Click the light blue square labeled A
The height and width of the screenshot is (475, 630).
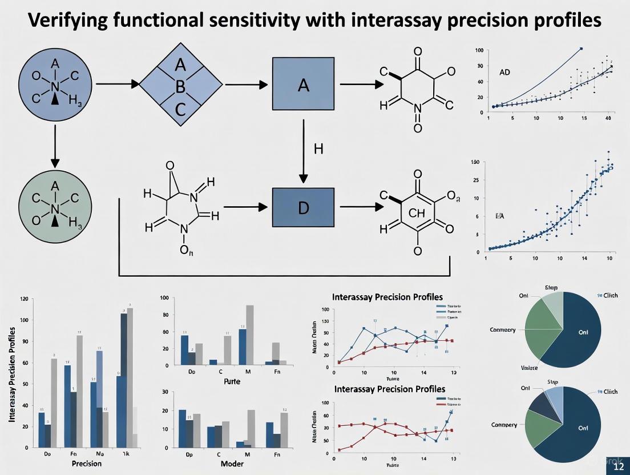coord(303,86)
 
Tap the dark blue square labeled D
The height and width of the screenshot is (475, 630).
coord(303,207)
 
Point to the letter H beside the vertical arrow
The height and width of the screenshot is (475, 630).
coord(318,149)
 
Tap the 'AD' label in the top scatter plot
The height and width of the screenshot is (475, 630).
coord(504,73)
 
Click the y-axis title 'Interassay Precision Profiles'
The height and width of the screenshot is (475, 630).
coord(12,375)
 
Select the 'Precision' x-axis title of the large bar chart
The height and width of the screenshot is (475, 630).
coord(87,464)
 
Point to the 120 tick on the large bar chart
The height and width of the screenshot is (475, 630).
coord(23,299)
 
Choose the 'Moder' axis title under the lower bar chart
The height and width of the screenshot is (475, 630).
coord(232,464)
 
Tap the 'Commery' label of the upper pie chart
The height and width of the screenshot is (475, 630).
coord(502,330)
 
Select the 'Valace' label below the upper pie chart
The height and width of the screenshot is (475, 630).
coord(529,368)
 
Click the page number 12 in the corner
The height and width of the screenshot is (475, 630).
coord(619,466)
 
